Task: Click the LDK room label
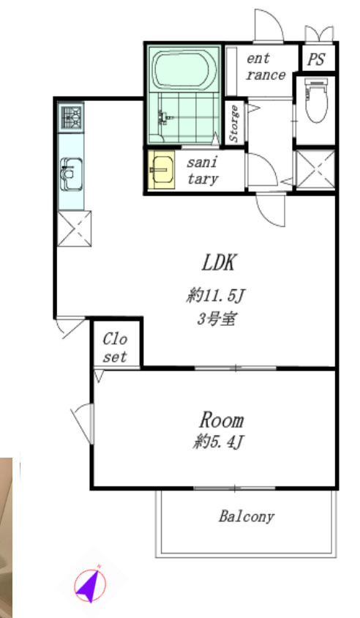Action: point(219,263)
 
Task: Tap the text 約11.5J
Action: point(216,295)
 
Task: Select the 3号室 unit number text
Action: point(217,319)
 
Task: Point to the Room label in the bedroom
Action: point(222,420)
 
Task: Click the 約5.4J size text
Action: point(218,442)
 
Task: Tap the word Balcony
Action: point(247,516)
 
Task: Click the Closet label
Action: point(115,348)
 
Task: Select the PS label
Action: point(316,59)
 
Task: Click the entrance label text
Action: point(266,67)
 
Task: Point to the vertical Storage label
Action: point(234,124)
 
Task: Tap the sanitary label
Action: point(203,171)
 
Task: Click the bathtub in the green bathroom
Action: point(184,70)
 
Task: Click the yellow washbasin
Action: point(162,170)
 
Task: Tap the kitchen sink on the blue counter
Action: point(71,174)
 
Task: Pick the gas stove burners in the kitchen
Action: point(71,117)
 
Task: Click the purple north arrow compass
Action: point(91,584)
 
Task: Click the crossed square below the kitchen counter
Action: point(75,228)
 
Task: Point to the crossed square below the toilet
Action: point(315,169)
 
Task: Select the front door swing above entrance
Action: point(269,26)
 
